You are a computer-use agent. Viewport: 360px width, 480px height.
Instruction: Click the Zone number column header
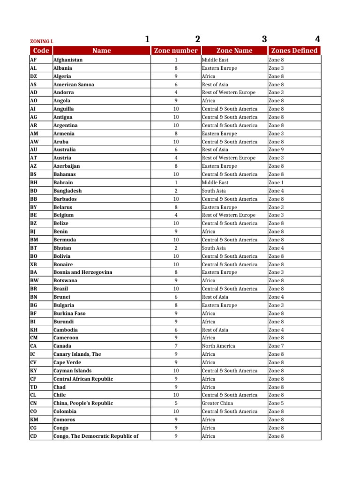pos(176,51)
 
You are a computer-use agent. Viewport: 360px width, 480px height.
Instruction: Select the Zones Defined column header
pos(294,51)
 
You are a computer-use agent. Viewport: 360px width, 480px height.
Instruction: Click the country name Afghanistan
pos(68,60)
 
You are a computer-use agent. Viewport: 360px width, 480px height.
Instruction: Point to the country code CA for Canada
pos(34,346)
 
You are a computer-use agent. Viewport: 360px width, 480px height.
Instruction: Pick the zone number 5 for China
pos(176,403)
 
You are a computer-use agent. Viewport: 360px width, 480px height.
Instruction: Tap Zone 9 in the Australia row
pos(276,150)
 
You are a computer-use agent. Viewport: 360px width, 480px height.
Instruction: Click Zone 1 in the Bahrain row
pos(276,182)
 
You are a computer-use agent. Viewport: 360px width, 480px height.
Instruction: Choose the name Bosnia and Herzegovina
pos(82,272)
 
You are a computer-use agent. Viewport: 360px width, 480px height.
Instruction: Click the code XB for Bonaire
pos(34,264)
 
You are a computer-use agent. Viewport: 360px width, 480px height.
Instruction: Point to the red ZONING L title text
pos(41,41)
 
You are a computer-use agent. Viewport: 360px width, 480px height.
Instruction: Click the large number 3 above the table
pos(264,39)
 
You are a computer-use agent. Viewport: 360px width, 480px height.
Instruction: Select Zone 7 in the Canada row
pos(276,346)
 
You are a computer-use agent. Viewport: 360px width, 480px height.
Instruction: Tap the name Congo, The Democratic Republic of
pos(96,436)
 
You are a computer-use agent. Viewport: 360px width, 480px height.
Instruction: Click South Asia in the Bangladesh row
pos(214,191)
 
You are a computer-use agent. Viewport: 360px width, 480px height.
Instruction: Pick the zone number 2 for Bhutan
pos(176,248)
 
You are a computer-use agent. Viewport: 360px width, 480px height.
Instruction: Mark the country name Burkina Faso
pos(69,313)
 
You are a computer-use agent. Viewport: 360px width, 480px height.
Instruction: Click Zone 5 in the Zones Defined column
pos(276,403)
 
